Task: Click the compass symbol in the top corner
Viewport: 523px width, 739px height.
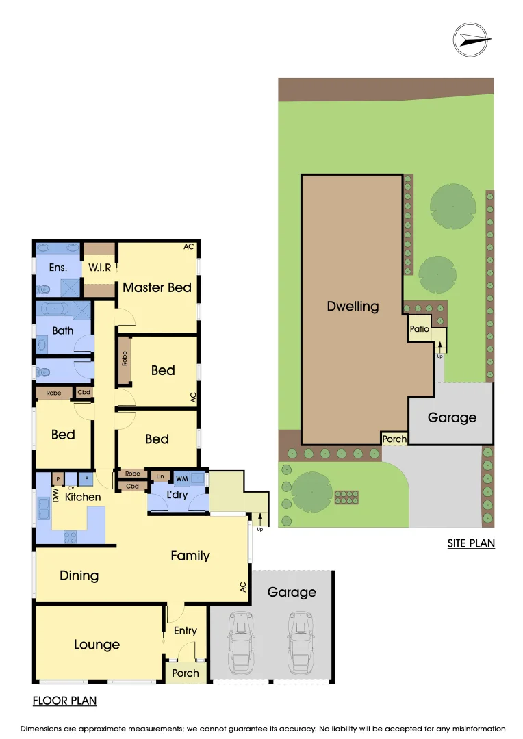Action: [472, 40]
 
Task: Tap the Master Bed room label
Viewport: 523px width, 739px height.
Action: [157, 287]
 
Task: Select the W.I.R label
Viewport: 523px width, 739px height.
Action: [99, 268]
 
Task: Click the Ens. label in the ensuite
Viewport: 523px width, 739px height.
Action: [58, 268]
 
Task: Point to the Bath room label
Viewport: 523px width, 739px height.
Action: [62, 330]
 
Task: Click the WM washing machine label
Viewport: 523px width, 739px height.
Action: [181, 478]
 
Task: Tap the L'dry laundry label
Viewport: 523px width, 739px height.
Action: [177, 494]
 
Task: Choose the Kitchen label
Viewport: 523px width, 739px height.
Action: [83, 497]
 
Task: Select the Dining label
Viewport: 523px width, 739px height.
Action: [79, 575]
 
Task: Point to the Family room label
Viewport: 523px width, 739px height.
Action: [190, 556]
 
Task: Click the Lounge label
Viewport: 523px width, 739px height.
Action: [97, 645]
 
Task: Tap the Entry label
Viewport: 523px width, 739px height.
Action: [185, 631]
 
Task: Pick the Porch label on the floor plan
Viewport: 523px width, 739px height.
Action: [185, 673]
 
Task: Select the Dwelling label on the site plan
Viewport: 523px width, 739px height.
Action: [353, 306]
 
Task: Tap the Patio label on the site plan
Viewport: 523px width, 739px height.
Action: [419, 329]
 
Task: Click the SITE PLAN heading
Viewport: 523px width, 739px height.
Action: [470, 544]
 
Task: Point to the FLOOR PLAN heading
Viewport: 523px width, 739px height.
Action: [64, 701]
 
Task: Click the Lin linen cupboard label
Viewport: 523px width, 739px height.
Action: [160, 476]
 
